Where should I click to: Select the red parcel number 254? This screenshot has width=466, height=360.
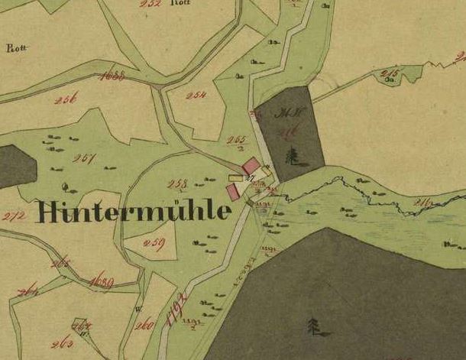196,95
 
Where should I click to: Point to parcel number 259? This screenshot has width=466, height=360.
154,244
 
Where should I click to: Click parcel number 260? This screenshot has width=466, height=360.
143,326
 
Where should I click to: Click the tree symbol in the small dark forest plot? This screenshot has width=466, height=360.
291,157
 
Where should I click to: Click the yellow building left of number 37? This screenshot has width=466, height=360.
235,178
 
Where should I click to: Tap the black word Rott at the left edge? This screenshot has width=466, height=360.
16,47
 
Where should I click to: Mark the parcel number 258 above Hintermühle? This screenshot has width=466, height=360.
177,184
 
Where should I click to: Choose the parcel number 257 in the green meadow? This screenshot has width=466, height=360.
83,158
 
